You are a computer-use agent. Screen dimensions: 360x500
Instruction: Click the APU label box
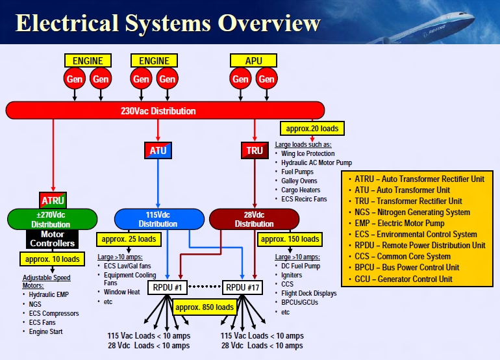(x=253, y=60)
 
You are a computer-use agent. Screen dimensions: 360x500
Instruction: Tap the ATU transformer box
(x=158, y=151)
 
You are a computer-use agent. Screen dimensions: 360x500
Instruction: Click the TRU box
(x=255, y=151)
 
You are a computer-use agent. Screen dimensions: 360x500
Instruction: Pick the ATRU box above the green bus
(x=53, y=199)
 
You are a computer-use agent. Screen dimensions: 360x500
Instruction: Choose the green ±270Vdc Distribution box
(x=52, y=219)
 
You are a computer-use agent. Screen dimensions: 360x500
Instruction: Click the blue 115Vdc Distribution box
(x=158, y=219)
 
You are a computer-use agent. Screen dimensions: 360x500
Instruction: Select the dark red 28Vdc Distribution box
(x=254, y=219)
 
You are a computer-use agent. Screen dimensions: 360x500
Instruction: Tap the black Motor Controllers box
(x=53, y=238)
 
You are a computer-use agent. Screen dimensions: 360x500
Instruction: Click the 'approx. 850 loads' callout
(x=206, y=307)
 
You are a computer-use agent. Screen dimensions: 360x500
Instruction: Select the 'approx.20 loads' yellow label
(x=312, y=128)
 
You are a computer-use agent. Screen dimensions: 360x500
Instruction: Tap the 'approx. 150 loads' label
(x=290, y=238)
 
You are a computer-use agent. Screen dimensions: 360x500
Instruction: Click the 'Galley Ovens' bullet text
(x=299, y=181)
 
